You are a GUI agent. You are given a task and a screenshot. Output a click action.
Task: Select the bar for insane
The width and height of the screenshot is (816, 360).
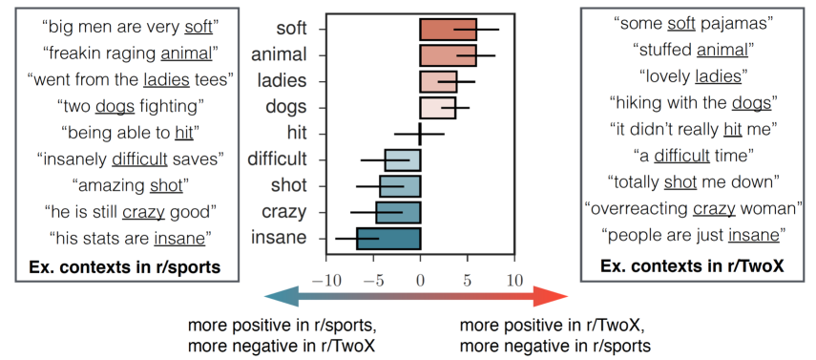(388, 238)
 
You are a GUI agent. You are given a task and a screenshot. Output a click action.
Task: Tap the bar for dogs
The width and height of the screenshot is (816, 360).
(438, 108)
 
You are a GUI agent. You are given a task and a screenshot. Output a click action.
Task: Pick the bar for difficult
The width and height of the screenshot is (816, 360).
(403, 159)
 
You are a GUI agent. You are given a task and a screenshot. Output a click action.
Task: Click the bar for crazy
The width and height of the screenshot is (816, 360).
(398, 212)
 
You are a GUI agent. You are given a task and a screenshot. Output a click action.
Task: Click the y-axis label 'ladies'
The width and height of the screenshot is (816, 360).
(282, 81)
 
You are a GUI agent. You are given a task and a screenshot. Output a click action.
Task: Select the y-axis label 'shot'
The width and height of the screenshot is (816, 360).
(289, 185)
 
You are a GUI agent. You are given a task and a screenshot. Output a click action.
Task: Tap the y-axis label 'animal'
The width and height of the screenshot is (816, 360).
(279, 54)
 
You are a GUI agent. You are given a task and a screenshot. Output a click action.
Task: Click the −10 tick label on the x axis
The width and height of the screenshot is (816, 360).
(325, 282)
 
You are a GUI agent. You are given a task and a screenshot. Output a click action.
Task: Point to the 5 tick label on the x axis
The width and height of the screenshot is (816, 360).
(468, 282)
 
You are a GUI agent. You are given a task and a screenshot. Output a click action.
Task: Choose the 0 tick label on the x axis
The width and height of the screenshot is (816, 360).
(420, 282)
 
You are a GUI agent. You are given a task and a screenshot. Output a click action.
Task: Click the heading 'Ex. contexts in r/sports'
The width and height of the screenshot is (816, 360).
(124, 267)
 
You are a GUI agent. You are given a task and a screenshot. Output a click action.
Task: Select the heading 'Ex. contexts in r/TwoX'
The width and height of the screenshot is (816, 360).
(692, 265)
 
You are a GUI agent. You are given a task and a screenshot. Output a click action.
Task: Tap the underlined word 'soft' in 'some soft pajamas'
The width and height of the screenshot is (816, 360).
(681, 23)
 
